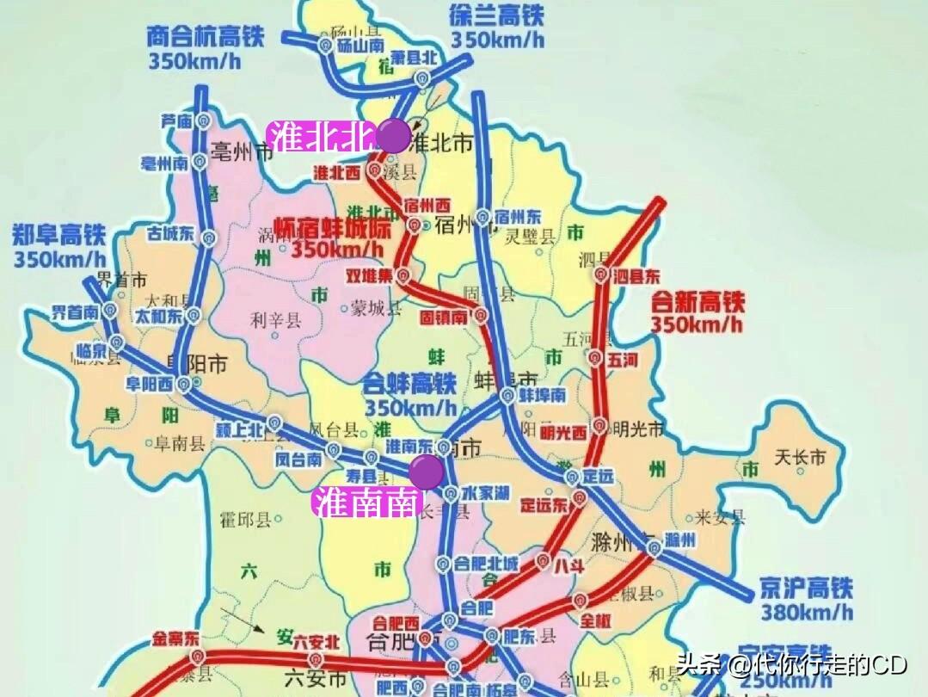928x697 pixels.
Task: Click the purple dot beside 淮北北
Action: pyautogui.click(x=393, y=135)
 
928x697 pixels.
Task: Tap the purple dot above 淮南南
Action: pyautogui.click(x=427, y=472)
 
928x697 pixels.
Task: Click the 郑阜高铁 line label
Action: pyautogui.click(x=58, y=233)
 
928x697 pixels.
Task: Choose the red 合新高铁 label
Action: pyautogui.click(x=698, y=302)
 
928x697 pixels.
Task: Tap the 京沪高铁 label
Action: pyautogui.click(x=806, y=589)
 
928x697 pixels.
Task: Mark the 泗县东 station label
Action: pyautogui.click(x=637, y=277)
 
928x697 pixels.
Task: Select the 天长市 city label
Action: pyautogui.click(x=800, y=457)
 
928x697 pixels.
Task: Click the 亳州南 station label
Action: pyautogui.click(x=166, y=163)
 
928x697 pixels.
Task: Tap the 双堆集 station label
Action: pyautogui.click(x=369, y=276)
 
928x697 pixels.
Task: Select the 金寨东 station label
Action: pyautogui.click(x=175, y=638)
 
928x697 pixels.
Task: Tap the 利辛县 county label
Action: pyautogui.click(x=275, y=320)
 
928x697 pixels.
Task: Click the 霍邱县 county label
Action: pyautogui.click(x=246, y=519)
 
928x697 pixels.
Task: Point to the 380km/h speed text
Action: pyautogui.click(x=807, y=613)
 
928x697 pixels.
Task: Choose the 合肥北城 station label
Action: pyautogui.click(x=486, y=564)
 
